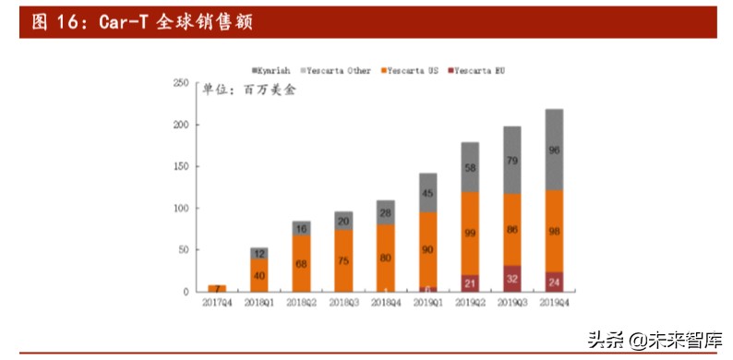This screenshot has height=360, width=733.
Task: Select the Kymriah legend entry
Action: (273, 70)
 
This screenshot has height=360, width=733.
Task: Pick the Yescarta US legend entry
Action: (409, 70)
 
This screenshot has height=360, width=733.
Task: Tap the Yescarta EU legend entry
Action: (478, 70)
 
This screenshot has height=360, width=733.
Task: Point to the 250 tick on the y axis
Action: (181, 83)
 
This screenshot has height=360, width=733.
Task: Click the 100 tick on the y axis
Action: (181, 209)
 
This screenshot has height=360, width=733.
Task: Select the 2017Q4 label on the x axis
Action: (217, 303)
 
